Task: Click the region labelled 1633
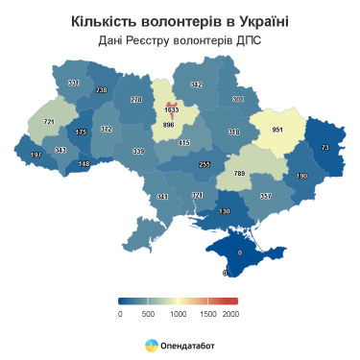click(172, 109)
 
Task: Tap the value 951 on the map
click(278, 130)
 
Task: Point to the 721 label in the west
click(49, 122)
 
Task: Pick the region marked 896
click(169, 125)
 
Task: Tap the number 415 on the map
click(185, 143)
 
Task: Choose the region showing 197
click(36, 155)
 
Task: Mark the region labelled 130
click(225, 210)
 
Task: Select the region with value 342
click(196, 85)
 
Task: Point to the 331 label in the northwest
click(74, 84)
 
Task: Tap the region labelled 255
click(204, 164)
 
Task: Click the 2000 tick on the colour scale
click(230, 313)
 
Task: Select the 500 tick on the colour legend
click(148, 313)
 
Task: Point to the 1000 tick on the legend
click(176, 313)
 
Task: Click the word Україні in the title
click(253, 21)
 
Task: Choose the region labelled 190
click(301, 176)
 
